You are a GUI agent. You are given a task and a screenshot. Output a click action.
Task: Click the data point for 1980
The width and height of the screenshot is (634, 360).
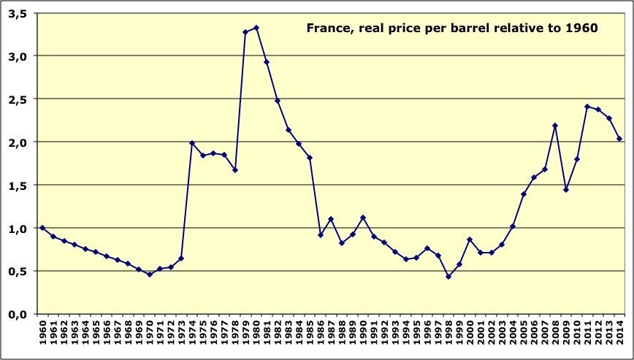[x=256, y=28]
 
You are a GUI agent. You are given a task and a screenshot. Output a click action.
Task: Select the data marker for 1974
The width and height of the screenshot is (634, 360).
[x=192, y=143]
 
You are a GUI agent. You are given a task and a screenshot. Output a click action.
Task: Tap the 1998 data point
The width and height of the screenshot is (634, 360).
[x=448, y=277]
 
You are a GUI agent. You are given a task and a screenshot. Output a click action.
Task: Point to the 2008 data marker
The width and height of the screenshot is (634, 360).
[x=555, y=126]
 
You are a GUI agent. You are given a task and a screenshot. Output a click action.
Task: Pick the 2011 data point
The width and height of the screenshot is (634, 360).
[x=587, y=107]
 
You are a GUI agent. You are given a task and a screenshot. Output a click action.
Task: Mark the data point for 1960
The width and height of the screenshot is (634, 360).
[x=42, y=228]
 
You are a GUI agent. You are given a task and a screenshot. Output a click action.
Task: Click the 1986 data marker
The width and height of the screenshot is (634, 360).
[x=321, y=234]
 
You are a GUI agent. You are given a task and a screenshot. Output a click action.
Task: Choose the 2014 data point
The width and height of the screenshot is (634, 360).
[x=619, y=139]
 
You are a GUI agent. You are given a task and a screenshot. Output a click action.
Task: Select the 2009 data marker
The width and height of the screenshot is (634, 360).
[x=566, y=190]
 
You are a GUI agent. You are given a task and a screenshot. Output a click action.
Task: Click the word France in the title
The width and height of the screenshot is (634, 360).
[x=326, y=29]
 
